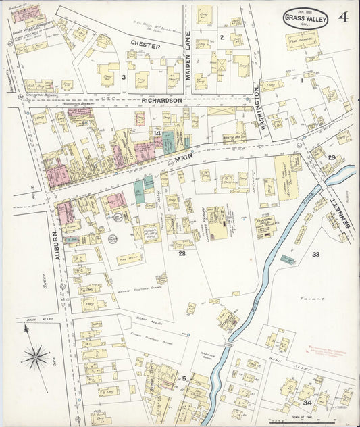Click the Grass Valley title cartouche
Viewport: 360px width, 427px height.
coord(305,18)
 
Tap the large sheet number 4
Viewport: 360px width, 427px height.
coord(344,18)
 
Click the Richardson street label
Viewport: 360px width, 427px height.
coord(161,100)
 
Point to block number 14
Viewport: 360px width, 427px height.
coord(157,134)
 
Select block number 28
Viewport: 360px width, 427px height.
coord(182,253)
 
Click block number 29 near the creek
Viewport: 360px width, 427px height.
coord(332,157)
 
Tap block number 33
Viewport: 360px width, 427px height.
coord(315,255)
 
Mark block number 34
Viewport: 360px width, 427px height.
coord(307,403)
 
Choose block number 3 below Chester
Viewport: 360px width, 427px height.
coord(123,78)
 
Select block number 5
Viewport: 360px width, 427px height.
coord(183,378)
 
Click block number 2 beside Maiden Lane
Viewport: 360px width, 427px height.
coord(222,36)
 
